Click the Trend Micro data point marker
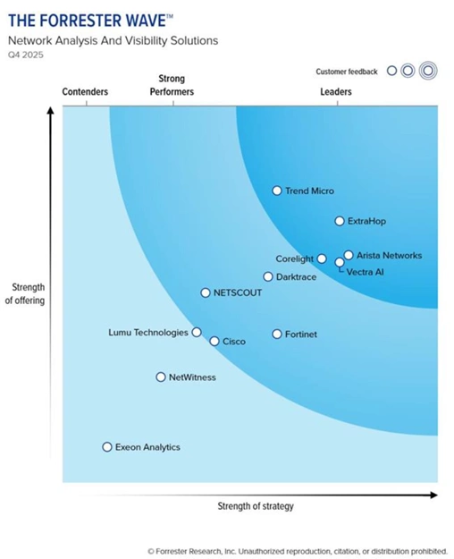click(277, 191)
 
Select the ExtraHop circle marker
click(340, 221)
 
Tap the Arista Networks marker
click(349, 255)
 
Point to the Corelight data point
click(322, 258)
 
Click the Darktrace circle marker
click(268, 277)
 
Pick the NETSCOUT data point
click(206, 292)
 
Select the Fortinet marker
click(277, 334)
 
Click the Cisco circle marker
click(214, 341)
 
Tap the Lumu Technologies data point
click(197, 332)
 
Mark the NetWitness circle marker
click(161, 377)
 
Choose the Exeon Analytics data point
click(107, 446)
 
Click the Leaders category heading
click(336, 92)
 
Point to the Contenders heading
click(86, 92)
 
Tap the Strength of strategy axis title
click(256, 506)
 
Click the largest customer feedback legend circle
click(428, 72)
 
